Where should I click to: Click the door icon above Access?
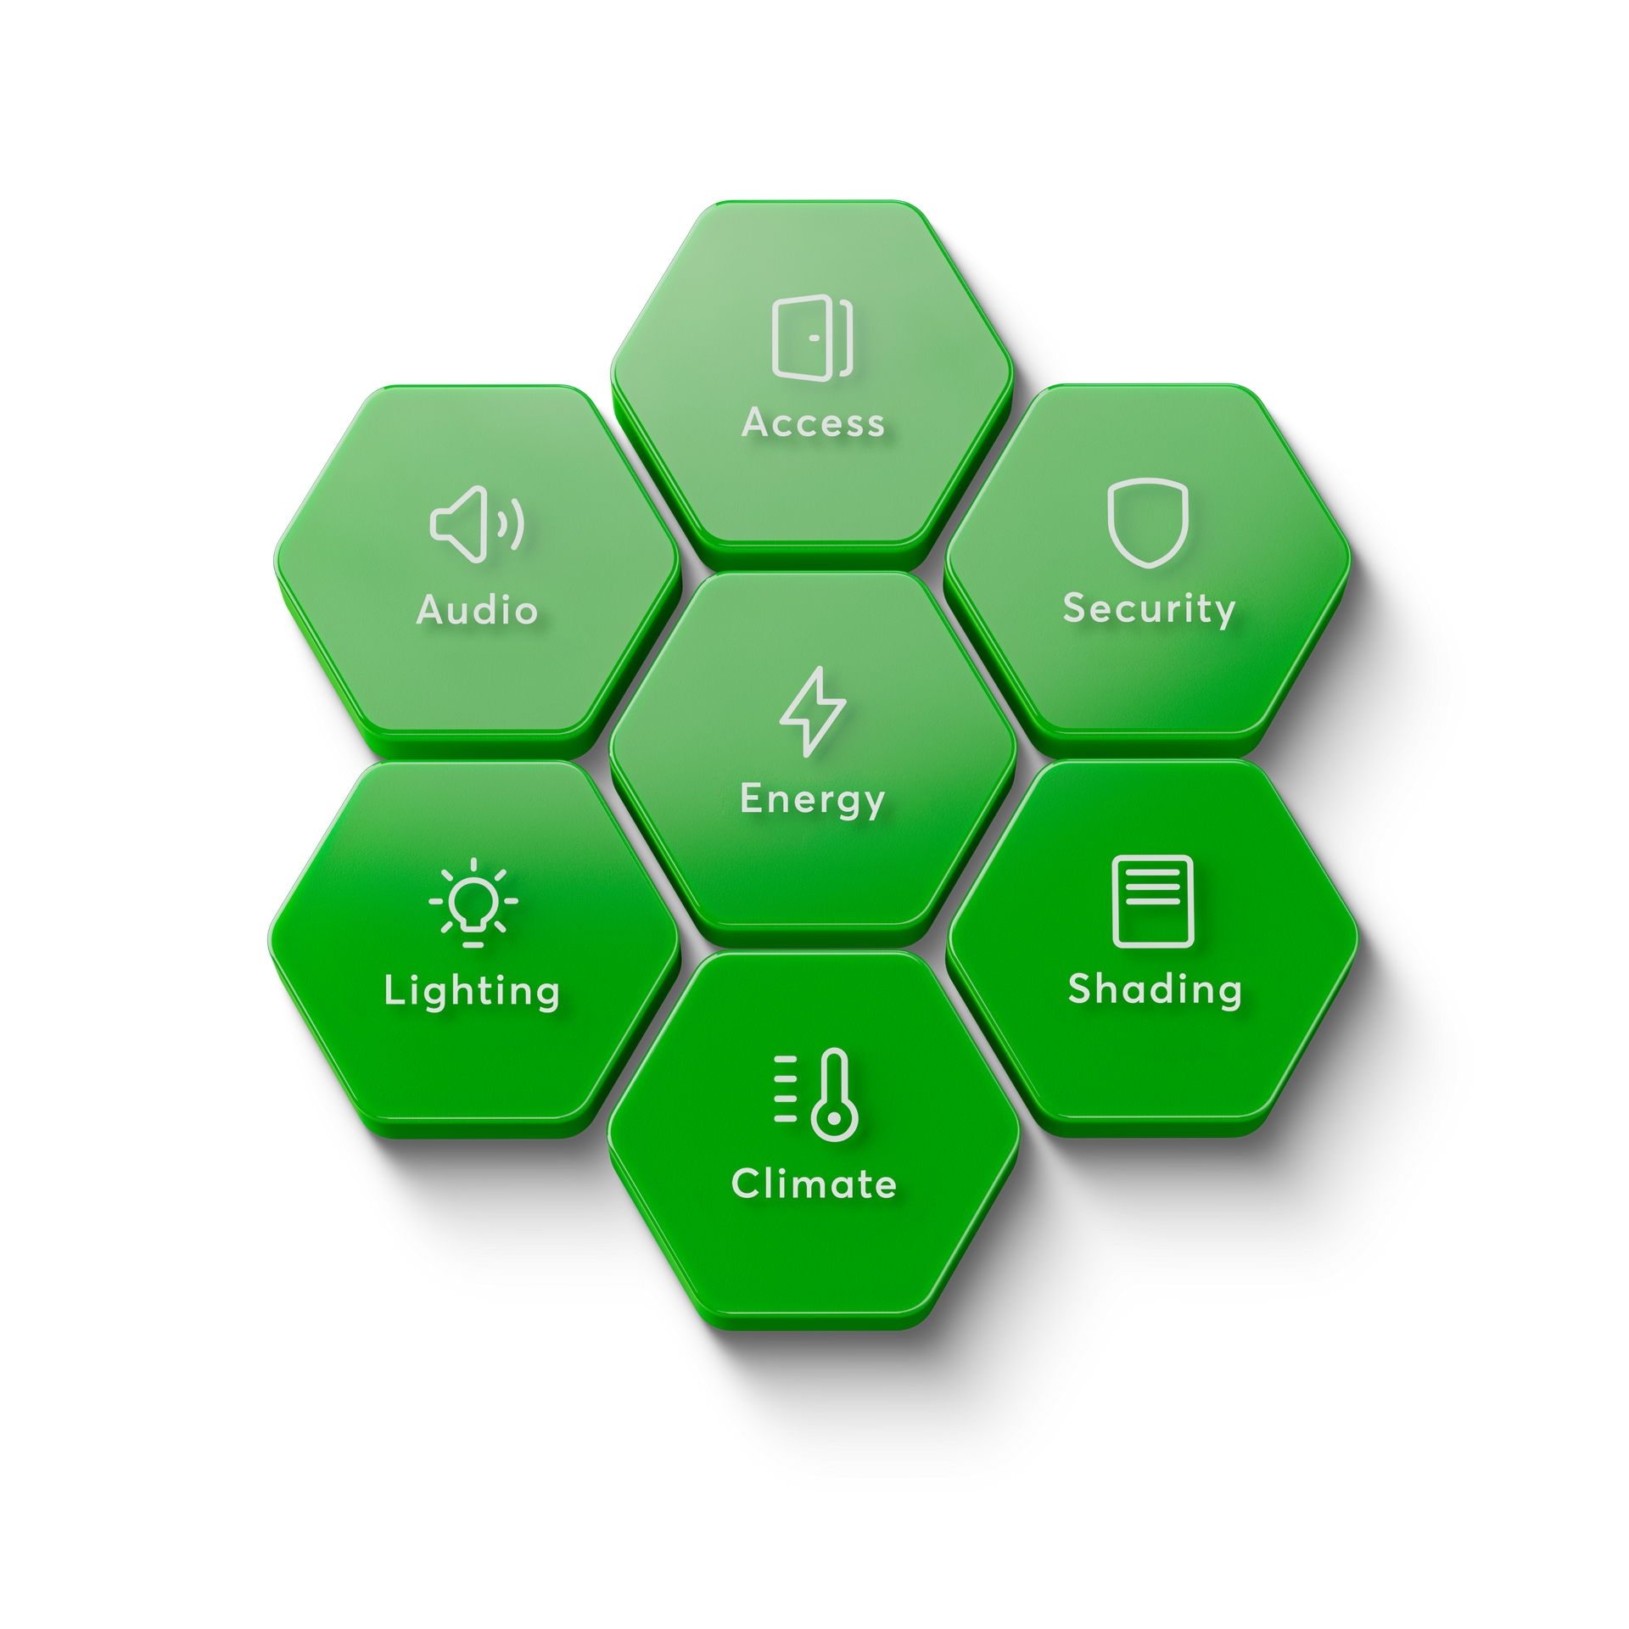pyautogui.click(x=812, y=338)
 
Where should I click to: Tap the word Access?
pyautogui.click(x=814, y=423)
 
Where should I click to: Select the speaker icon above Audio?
pyautogui.click(x=476, y=524)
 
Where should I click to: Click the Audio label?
pyautogui.click(x=477, y=610)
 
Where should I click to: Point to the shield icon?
pyautogui.click(x=1147, y=522)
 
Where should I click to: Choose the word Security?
pyautogui.click(x=1149, y=609)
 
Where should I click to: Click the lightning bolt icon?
pyautogui.click(x=812, y=711)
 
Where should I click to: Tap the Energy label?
pyautogui.click(x=812, y=799)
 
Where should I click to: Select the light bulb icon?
pyautogui.click(x=473, y=903)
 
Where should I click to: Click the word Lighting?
pyautogui.click(x=472, y=991)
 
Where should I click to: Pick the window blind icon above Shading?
pyautogui.click(x=1153, y=901)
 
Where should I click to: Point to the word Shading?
pyautogui.click(x=1155, y=989)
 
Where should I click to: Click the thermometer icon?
pyautogui.click(x=834, y=1094)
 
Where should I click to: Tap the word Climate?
pyautogui.click(x=814, y=1184)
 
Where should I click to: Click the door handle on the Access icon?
pyautogui.click(x=814, y=338)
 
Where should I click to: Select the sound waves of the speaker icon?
pyautogui.click(x=511, y=524)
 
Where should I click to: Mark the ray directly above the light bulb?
pyautogui.click(x=473, y=865)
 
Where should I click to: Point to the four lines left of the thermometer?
pyautogui.click(x=786, y=1089)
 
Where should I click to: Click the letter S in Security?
pyautogui.click(x=1075, y=607)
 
